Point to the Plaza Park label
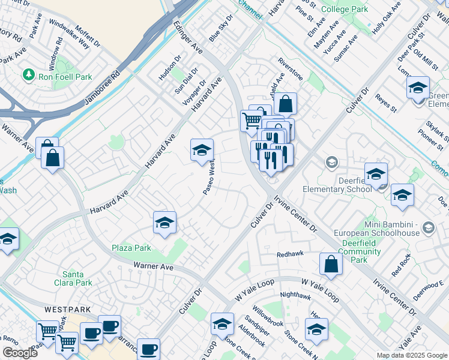[x=131, y=248]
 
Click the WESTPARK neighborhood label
[x=67, y=310]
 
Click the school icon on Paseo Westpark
[x=202, y=151]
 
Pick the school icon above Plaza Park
[x=164, y=223]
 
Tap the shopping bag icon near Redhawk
[x=331, y=263]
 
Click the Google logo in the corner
[x=20, y=353]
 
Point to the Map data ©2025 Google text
[x=411, y=355]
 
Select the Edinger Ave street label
[x=187, y=37]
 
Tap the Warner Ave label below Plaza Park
[x=153, y=265]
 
